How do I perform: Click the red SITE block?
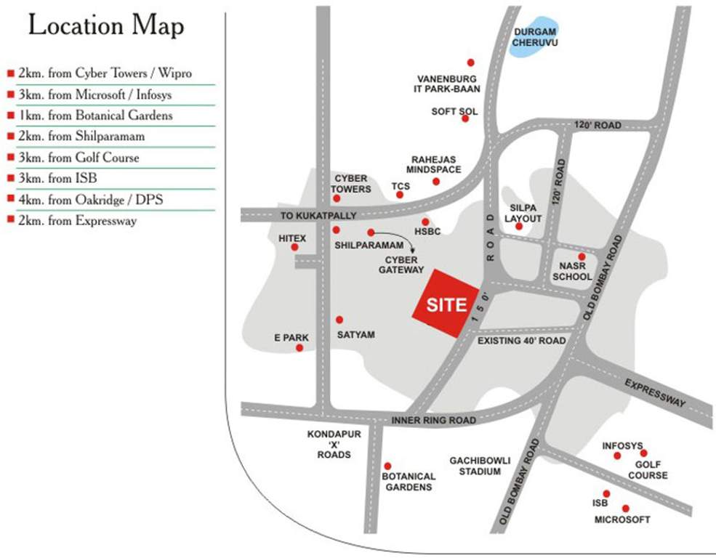(x=446, y=304)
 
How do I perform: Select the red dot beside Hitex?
(x=294, y=247)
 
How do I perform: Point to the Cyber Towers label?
(x=352, y=184)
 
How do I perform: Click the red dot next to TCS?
(x=400, y=195)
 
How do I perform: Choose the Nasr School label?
(x=572, y=272)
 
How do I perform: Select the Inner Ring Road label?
(x=433, y=421)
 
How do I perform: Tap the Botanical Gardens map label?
(x=409, y=481)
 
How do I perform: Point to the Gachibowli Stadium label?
(x=480, y=466)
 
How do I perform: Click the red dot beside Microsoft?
(x=625, y=509)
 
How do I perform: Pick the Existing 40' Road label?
(x=521, y=341)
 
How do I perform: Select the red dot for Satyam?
(x=339, y=320)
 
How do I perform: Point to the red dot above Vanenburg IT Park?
(x=470, y=62)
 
